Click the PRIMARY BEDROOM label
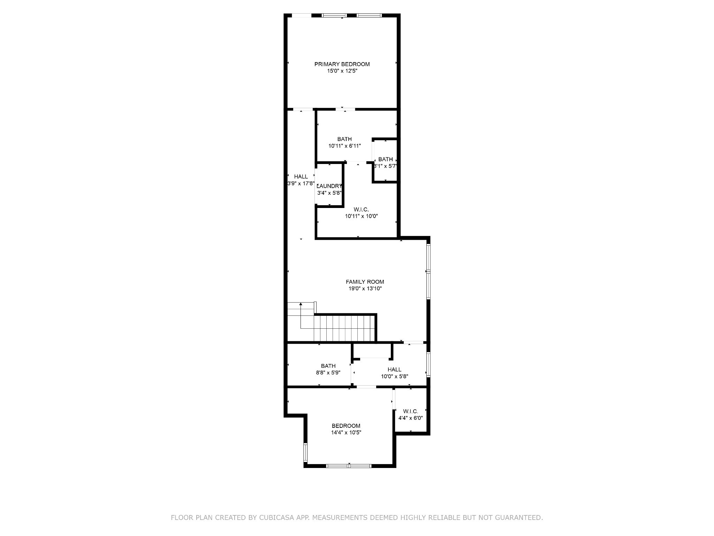pos(342,64)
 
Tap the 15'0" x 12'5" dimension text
pos(342,71)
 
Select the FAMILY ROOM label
pos(365,282)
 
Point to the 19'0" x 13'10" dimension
pos(365,289)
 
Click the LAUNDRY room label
pos(329,186)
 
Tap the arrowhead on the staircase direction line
pos(301,304)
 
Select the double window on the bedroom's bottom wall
pos(349,466)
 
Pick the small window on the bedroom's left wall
pos(305,453)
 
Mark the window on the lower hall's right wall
pos(428,365)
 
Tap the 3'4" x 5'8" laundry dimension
pos(329,193)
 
